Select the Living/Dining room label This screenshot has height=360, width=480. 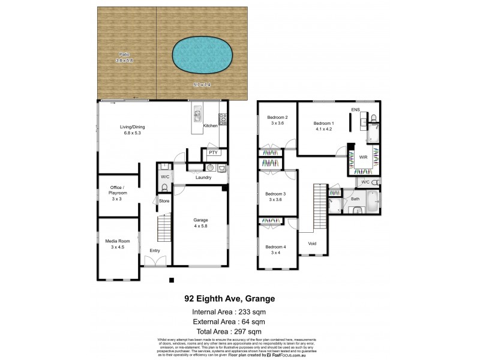coord(133,127)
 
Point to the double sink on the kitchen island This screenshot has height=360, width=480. coord(197,115)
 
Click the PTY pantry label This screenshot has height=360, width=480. coord(212,153)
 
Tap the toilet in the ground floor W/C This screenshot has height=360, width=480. coord(164,188)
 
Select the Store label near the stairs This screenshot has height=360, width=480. coord(164,200)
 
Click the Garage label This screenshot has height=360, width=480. coord(200,219)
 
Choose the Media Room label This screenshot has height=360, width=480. coord(118,242)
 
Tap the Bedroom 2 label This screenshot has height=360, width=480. coord(277,117)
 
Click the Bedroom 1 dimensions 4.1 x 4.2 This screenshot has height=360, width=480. coord(324,128)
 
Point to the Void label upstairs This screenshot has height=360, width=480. coord(312,244)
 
